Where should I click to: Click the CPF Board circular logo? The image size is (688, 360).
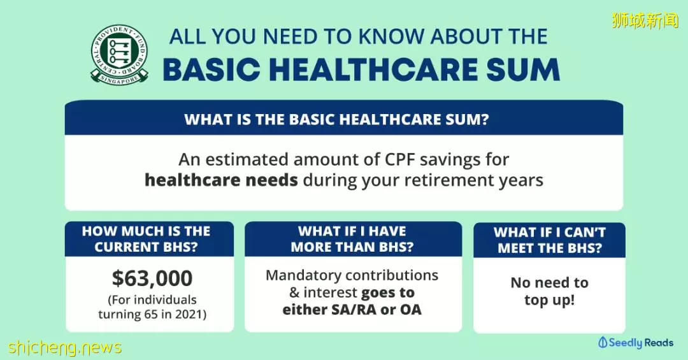[x=119, y=55]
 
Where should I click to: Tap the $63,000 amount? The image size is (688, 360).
[x=152, y=278]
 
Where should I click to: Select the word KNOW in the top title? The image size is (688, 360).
[x=392, y=37]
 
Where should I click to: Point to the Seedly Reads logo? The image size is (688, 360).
[x=636, y=342]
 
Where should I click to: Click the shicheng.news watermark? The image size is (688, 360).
[x=65, y=348]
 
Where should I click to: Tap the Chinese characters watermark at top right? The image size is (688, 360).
[x=645, y=20]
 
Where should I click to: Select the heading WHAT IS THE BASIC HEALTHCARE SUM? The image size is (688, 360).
[x=336, y=119]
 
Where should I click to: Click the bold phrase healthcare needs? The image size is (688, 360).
[x=221, y=180]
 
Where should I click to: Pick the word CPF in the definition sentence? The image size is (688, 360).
[x=400, y=160]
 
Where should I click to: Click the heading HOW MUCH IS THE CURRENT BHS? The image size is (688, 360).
[x=146, y=239]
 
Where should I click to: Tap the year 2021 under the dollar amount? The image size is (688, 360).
[x=188, y=314]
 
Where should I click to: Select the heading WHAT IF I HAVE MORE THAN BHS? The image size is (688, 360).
[x=352, y=239]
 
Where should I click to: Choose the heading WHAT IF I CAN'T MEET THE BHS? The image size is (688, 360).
[x=550, y=240]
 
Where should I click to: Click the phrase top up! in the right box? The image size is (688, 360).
[x=549, y=300]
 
